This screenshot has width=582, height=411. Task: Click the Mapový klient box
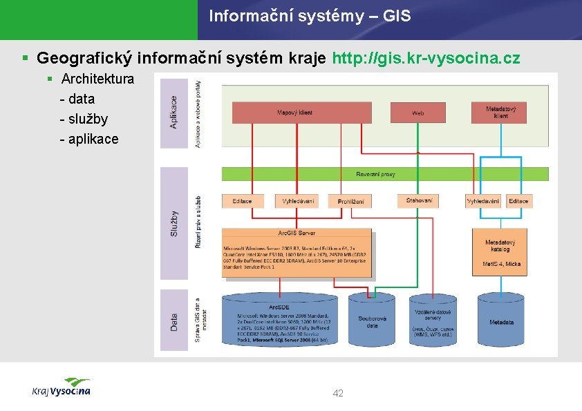(294, 113)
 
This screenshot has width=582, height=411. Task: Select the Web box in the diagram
(417, 112)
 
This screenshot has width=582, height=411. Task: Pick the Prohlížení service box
(350, 201)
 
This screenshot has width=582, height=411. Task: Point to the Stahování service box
(419, 200)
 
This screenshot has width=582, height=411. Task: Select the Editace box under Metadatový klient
(518, 201)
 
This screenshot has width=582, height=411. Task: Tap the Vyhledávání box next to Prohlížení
(298, 201)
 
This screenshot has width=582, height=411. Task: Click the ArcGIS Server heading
(297, 233)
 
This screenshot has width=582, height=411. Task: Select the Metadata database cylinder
(501, 321)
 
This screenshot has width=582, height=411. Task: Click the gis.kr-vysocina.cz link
(426, 57)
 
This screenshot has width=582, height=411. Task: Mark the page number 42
(338, 393)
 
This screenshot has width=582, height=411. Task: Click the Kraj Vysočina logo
(62, 388)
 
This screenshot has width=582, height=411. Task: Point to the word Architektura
(97, 78)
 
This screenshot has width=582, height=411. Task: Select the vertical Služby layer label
(173, 224)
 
